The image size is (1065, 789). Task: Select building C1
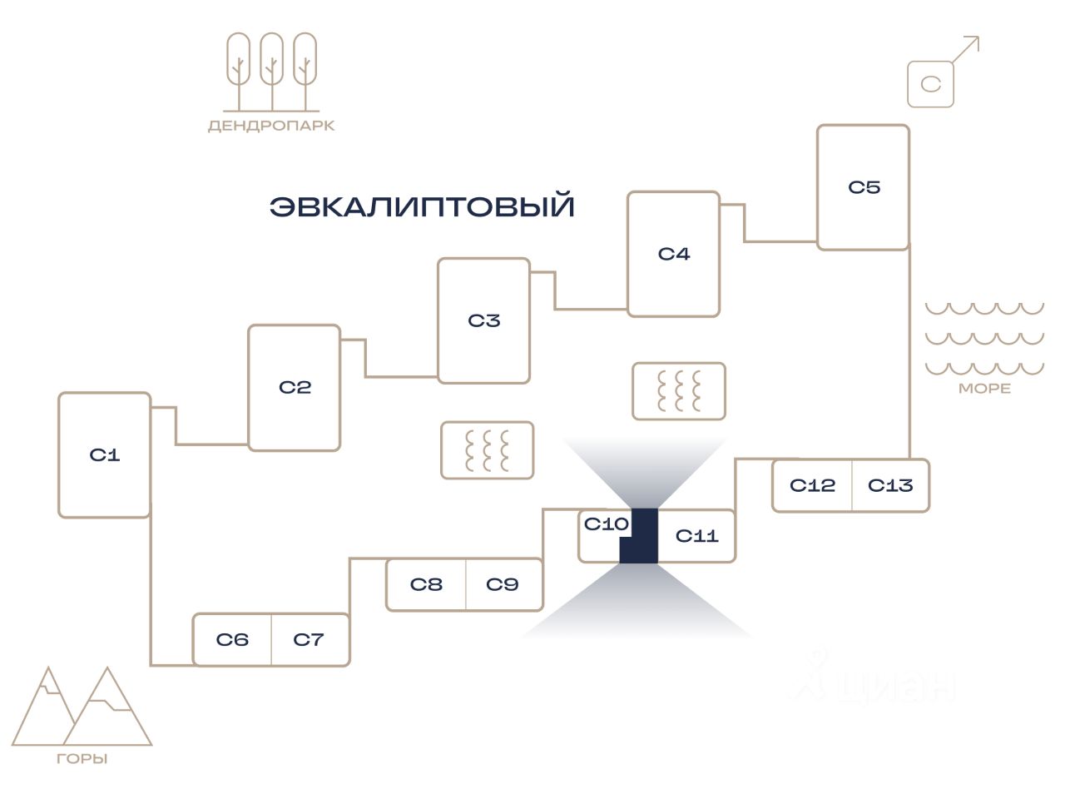click(x=105, y=454)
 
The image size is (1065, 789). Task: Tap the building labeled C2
click(x=295, y=387)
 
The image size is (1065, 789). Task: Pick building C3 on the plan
click(x=484, y=320)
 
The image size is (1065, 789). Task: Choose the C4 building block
click(x=674, y=254)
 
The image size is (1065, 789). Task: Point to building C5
click(x=864, y=187)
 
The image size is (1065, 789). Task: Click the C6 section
click(x=232, y=639)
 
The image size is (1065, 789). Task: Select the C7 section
click(x=310, y=639)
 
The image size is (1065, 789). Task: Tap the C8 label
click(x=426, y=584)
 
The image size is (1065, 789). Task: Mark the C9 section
click(x=504, y=584)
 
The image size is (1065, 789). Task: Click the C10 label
click(x=606, y=524)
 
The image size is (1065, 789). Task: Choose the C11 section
click(x=696, y=536)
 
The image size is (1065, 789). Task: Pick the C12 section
click(x=812, y=485)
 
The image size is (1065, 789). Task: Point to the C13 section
click(x=891, y=485)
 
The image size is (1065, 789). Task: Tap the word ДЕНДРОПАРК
click(x=271, y=126)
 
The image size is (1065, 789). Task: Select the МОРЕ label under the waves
click(x=984, y=388)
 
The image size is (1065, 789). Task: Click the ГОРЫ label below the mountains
click(x=82, y=759)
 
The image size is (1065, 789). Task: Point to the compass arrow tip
click(x=978, y=37)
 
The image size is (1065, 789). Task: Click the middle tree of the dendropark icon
click(x=272, y=72)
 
